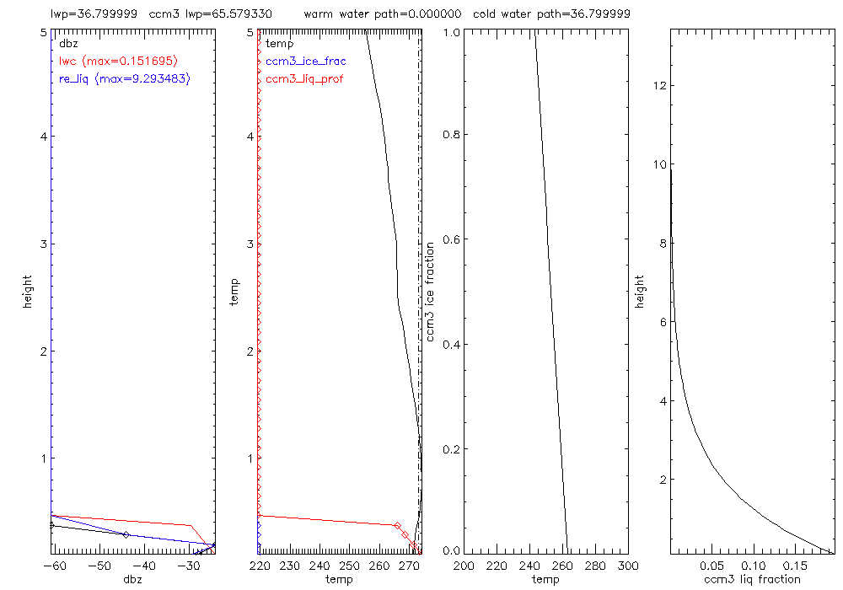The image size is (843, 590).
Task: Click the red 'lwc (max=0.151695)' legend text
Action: point(117,61)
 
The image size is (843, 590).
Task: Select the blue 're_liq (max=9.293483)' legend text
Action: point(124,78)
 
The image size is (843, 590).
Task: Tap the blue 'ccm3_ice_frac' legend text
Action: point(305,61)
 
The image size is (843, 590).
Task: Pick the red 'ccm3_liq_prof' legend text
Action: point(304,78)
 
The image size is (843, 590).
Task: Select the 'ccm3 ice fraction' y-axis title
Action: point(430,290)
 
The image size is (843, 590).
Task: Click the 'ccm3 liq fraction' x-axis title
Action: point(752,579)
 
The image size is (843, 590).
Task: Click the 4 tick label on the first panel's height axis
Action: point(43,137)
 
